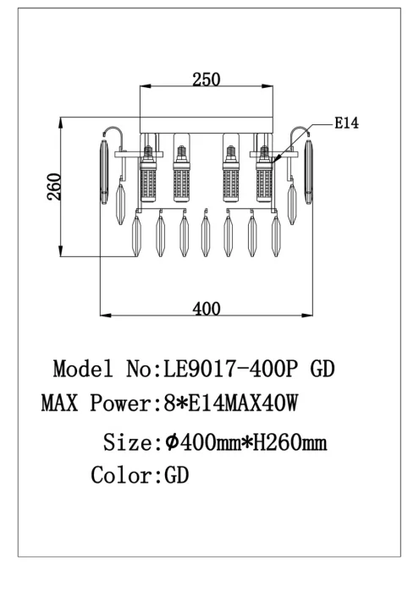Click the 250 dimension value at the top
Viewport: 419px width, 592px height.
206,79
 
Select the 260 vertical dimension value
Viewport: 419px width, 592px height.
54,187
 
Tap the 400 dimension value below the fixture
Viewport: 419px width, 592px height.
207,309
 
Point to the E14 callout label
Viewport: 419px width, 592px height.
346,123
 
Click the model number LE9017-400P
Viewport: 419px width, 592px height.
230,369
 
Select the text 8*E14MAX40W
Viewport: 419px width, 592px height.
230,403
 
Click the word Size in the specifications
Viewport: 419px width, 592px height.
128,442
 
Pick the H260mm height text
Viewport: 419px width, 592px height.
289,442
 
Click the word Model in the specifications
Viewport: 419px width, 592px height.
83,369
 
